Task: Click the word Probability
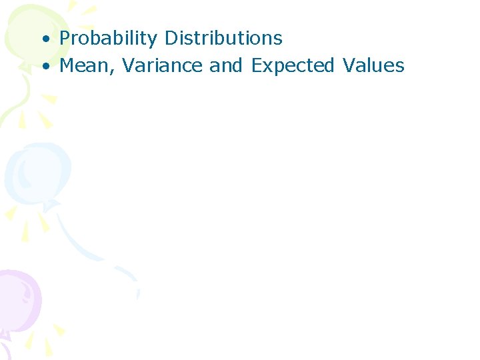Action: click(x=109, y=39)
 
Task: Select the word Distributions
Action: click(x=223, y=39)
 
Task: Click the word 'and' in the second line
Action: click(x=226, y=65)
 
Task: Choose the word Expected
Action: click(x=293, y=66)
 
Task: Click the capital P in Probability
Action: click(x=65, y=39)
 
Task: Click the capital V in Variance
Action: click(x=129, y=65)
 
